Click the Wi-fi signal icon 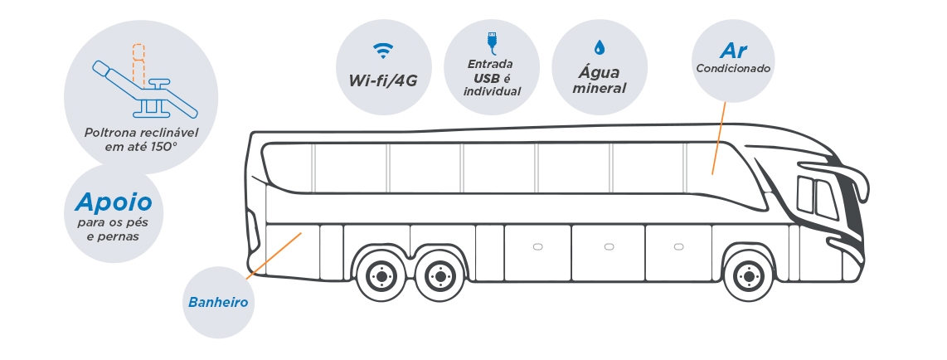point(383,50)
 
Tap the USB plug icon point(491,43)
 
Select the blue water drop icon point(599,47)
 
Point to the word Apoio point(114,202)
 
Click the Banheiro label point(218,302)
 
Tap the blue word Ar point(734,51)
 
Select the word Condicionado point(733,68)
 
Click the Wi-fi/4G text point(383,80)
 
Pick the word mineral point(599,88)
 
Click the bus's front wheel point(749,276)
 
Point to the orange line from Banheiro point(274,255)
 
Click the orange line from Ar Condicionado point(719,139)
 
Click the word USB point(487,78)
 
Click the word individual point(492,92)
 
